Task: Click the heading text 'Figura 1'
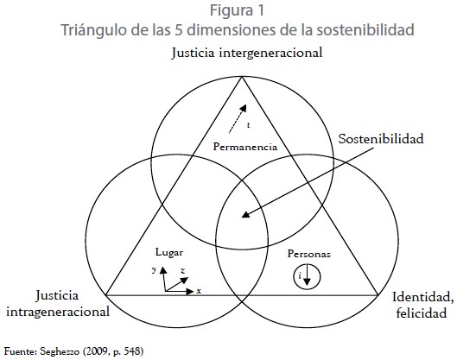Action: click(237, 11)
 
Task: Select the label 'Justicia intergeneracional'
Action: click(247, 54)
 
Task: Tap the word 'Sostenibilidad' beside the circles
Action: click(381, 139)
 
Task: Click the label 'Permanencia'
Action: click(245, 147)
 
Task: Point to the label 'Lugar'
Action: click(169, 253)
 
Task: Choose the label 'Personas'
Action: click(309, 254)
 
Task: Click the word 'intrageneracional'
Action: click(58, 312)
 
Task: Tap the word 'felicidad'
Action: click(422, 313)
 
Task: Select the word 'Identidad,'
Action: click(423, 297)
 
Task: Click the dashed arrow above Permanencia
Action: click(238, 119)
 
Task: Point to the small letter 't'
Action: click(249, 125)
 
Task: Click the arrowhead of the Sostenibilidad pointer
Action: click(246, 214)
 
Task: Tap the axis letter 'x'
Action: click(199, 291)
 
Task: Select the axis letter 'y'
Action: click(154, 270)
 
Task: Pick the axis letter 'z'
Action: click(183, 271)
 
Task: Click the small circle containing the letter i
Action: click(307, 276)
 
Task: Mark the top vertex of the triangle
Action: click(242, 77)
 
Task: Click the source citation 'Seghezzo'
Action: click(60, 351)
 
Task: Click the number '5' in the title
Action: click(179, 30)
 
